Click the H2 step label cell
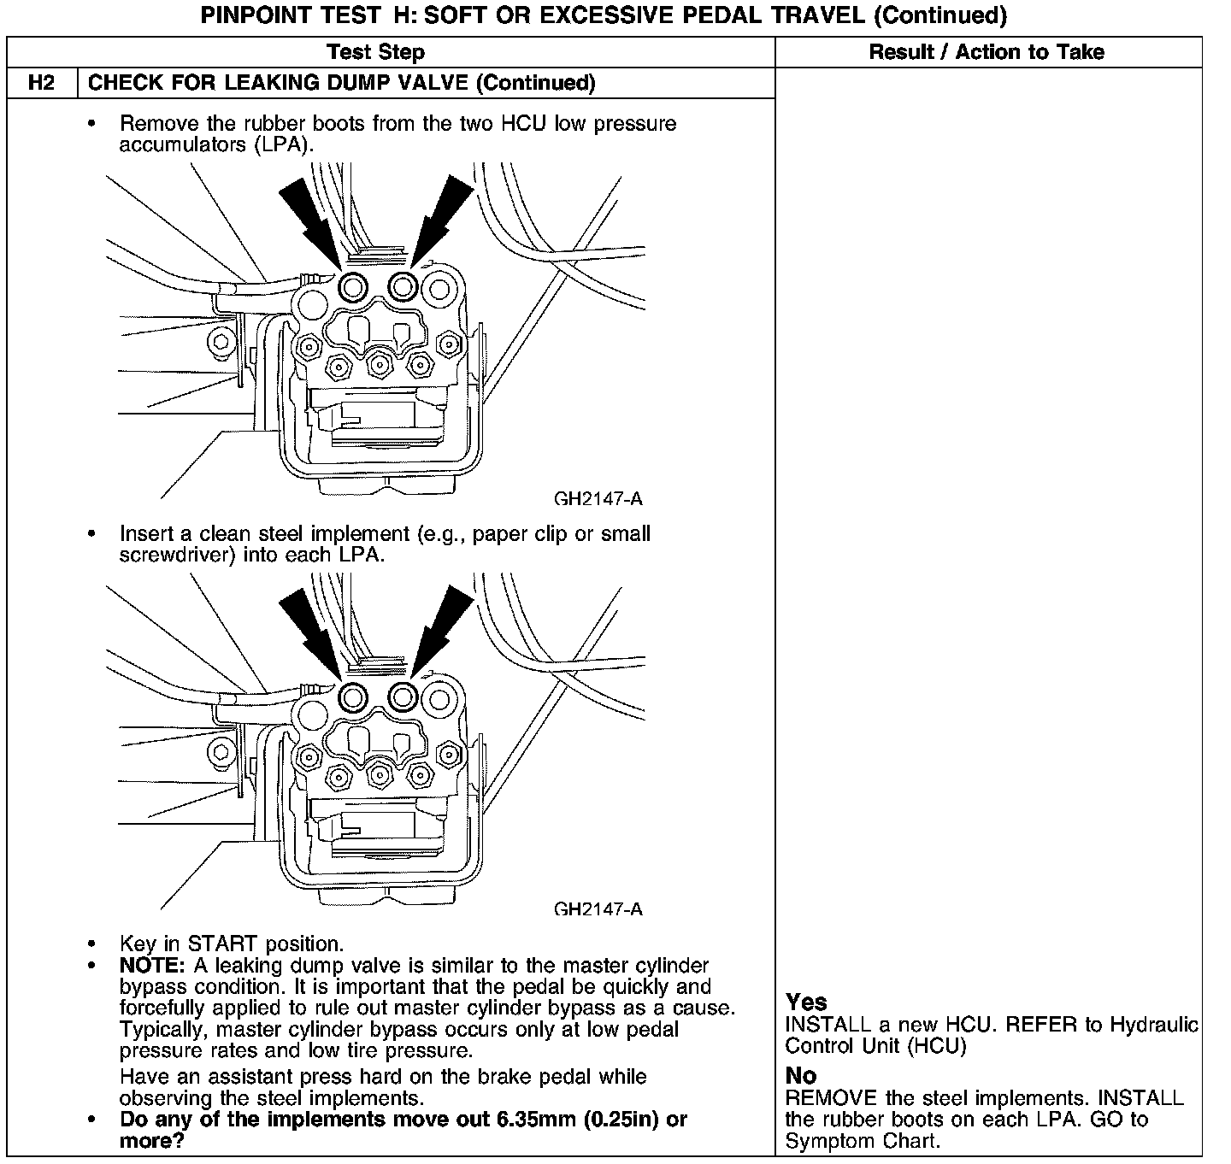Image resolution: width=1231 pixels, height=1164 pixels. (42, 83)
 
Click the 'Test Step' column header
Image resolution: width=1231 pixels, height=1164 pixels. (375, 52)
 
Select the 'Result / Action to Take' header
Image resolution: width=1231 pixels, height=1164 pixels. (987, 52)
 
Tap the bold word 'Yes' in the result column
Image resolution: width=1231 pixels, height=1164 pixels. (806, 1002)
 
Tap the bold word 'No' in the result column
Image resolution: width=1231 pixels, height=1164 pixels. (800, 1075)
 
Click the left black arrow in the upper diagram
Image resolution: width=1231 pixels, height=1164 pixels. (311, 217)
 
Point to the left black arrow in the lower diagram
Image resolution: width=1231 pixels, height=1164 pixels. (311, 627)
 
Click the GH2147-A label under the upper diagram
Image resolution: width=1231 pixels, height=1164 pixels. (598, 498)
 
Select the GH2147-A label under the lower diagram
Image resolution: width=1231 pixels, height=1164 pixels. (598, 908)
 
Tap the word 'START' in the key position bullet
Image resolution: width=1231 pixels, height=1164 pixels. (222, 944)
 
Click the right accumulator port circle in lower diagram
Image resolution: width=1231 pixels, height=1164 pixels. (403, 697)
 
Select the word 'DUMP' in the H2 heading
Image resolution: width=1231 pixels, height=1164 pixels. (366, 83)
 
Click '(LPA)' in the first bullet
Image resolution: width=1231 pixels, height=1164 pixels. (283, 144)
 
